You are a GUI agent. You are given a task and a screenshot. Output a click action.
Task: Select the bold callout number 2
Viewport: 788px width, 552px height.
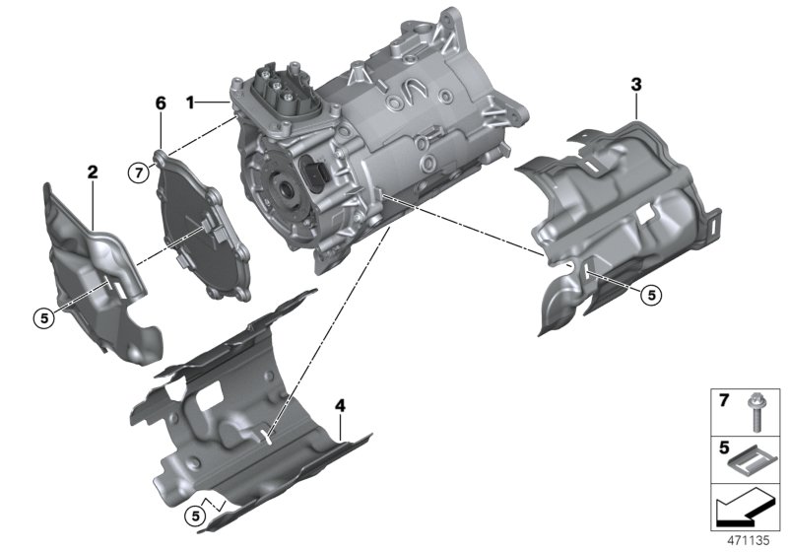click(93, 172)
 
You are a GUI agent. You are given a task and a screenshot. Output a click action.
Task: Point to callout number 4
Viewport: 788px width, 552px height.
click(340, 405)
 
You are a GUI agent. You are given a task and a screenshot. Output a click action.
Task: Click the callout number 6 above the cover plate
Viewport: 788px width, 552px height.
click(162, 102)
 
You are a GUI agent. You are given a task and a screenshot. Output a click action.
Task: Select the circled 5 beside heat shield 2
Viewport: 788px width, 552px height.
click(41, 317)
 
